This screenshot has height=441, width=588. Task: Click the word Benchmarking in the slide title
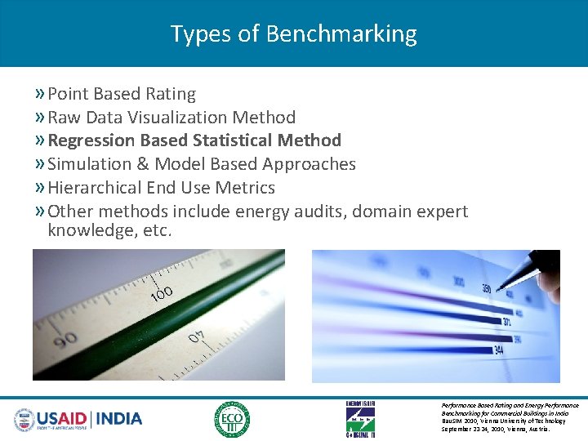pyautogui.click(x=341, y=34)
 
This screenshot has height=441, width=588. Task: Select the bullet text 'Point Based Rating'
pyautogui.click(x=122, y=94)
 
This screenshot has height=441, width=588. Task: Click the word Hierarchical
pyautogui.click(x=96, y=188)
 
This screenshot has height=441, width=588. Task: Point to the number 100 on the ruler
pyautogui.click(x=161, y=295)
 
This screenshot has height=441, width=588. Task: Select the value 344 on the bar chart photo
pyautogui.click(x=499, y=351)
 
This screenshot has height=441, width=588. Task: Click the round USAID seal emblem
pyautogui.click(x=24, y=420)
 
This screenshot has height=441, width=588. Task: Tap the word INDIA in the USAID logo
pyautogui.click(x=119, y=419)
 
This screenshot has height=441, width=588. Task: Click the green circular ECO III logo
pyautogui.click(x=232, y=420)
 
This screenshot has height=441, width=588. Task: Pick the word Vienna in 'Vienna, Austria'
pyautogui.click(x=520, y=428)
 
